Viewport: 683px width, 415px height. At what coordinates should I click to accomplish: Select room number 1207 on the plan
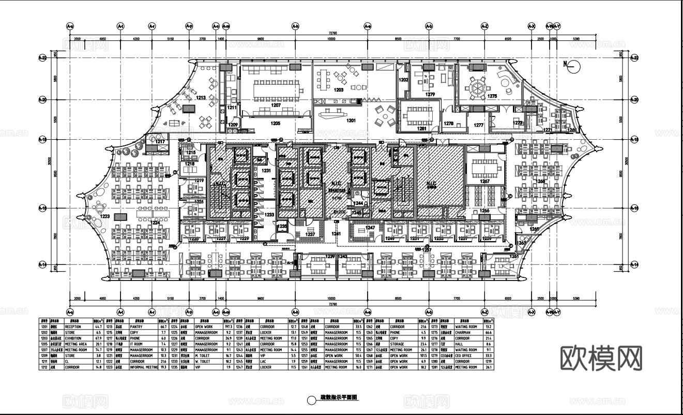276,105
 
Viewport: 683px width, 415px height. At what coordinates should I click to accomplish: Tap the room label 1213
201,97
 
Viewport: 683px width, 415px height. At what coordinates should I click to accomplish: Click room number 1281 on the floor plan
422,128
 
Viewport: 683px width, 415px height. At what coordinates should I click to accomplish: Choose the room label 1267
484,182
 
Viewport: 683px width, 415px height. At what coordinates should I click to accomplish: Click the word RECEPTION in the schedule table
73,327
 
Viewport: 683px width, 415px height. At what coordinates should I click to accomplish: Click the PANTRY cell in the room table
136,327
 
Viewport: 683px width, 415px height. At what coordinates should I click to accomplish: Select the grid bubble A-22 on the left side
42,58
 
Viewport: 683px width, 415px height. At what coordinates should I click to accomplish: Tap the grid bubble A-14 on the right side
635,265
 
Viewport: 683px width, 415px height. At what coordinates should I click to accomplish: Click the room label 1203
339,90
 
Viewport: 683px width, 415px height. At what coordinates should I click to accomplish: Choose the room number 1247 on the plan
370,228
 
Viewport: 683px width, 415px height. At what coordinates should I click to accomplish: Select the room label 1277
478,125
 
